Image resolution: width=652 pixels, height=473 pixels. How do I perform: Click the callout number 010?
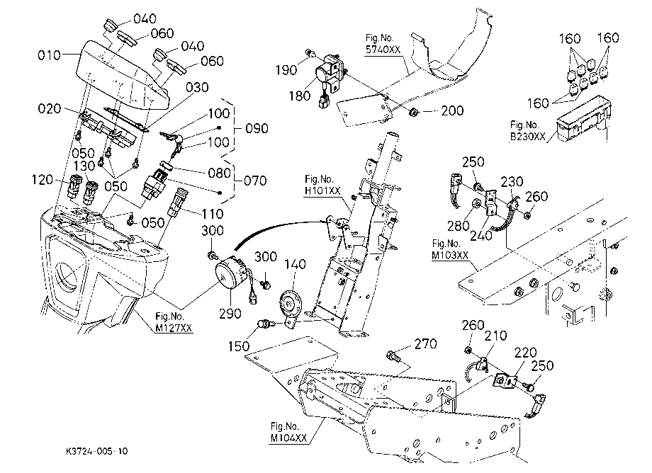[x=49, y=55]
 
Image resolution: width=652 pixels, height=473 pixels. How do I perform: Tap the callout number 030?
[x=197, y=87]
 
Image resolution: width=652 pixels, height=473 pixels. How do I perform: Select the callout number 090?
[x=257, y=128]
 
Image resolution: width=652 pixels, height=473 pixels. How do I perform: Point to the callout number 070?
[x=255, y=181]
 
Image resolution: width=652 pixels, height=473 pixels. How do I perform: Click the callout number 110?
[x=213, y=214]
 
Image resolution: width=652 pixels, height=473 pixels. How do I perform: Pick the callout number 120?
[x=43, y=180]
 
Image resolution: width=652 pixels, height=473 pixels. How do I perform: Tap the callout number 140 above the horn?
[x=295, y=264]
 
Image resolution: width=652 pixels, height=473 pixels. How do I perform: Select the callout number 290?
[x=230, y=313]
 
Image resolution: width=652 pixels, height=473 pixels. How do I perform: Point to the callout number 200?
[x=452, y=110]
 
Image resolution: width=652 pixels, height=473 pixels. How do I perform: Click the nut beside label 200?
[x=413, y=112]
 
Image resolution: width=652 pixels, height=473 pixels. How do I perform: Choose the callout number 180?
[x=300, y=96]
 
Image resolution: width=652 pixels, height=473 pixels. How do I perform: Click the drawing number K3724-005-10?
[x=96, y=451]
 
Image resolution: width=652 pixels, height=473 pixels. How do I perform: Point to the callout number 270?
[x=425, y=343]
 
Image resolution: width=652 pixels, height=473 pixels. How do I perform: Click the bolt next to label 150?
[x=264, y=323]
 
